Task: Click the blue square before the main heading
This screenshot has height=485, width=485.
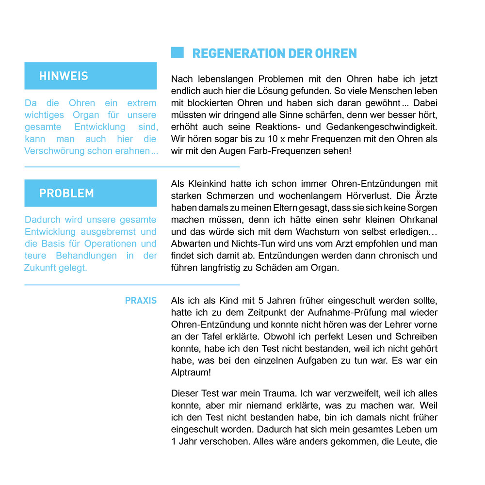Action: coord(178,53)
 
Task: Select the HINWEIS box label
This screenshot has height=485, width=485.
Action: coord(64,76)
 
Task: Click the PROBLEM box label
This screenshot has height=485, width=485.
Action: coord(66,193)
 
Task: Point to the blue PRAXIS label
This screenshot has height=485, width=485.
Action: coord(141,301)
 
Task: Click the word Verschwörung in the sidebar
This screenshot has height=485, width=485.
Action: coord(54,151)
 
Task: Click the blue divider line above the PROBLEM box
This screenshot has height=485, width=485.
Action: coord(132,167)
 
